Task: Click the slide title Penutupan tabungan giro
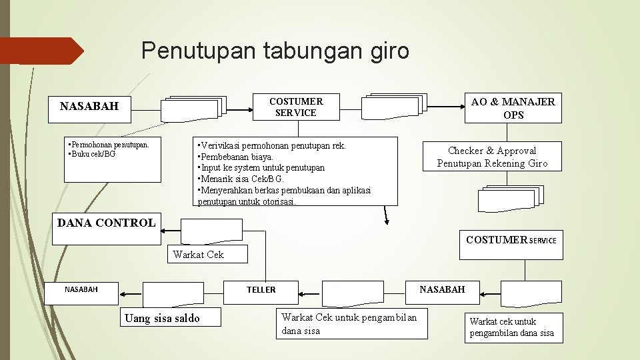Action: tap(275, 51)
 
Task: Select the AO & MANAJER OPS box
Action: tap(513, 108)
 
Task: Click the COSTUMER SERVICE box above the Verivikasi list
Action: tap(296, 107)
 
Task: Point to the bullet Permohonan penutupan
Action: tap(109, 144)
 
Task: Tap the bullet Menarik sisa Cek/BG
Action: tap(241, 179)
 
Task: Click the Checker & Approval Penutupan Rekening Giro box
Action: tap(492, 157)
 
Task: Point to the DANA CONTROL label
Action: tap(106, 223)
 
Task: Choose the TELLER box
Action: tap(261, 289)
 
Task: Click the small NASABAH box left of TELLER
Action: tap(81, 289)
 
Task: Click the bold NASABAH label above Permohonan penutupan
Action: tap(89, 106)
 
